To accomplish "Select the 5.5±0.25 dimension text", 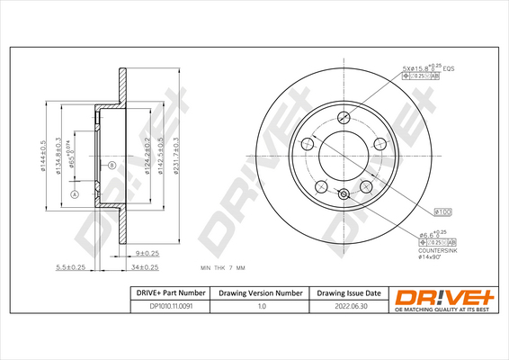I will coord(70,267).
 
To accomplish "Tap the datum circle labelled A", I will coord(74,195).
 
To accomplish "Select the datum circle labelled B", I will coord(112,166).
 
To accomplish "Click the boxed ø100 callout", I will coord(442,211).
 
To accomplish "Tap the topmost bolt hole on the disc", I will coord(343,118).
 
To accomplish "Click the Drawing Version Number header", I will coord(262,293).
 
